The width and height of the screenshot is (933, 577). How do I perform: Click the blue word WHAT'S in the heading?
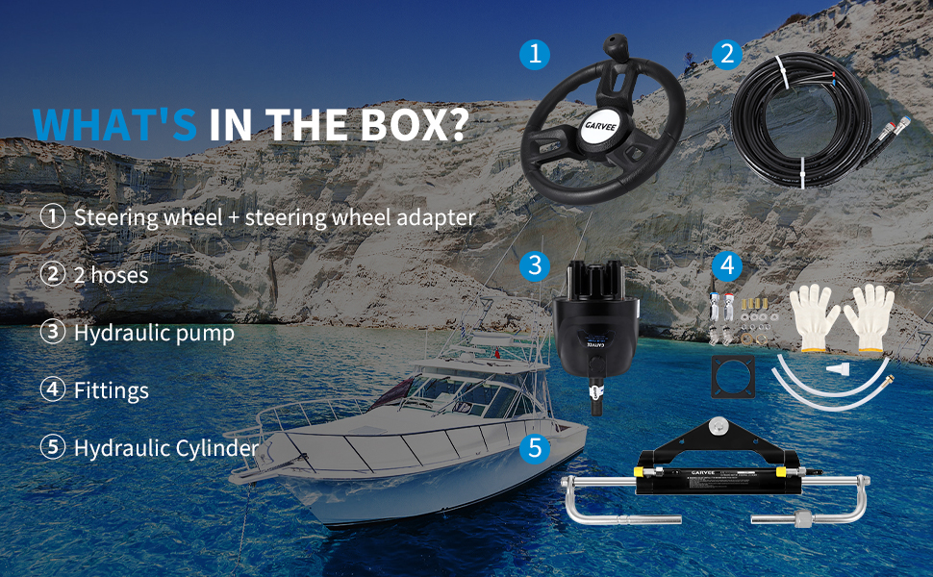114,124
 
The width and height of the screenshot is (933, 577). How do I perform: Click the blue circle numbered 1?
535,54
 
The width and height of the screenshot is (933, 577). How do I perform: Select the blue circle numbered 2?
726,54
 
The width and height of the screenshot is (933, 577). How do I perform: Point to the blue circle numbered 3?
535,265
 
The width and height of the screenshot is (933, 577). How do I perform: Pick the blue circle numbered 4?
726,265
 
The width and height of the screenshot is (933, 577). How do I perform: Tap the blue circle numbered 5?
535,448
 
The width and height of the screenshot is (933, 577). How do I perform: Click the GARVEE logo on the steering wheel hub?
600,126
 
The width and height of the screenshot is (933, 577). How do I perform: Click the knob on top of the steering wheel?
615,47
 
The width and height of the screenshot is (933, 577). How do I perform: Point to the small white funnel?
839,369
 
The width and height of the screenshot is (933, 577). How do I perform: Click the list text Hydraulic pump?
154,333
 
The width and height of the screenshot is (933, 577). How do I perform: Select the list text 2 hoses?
112,275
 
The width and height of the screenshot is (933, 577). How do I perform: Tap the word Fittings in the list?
112,390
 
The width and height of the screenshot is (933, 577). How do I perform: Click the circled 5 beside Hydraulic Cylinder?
52,447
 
